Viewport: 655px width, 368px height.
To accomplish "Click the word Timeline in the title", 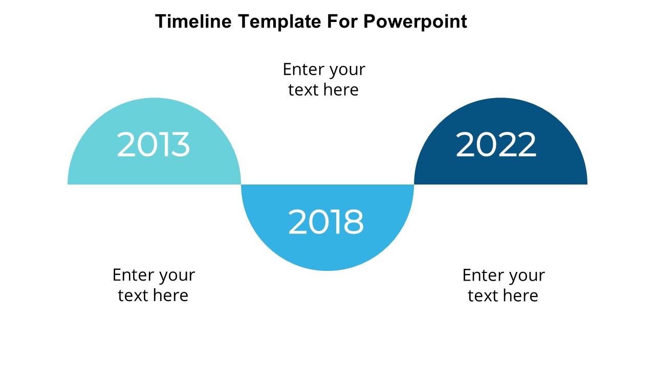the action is coord(193,21).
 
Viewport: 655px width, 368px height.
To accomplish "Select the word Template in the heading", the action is coord(279,22).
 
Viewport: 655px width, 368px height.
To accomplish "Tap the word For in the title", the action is coord(342,21).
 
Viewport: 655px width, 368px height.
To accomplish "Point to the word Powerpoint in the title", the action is coord(415,22).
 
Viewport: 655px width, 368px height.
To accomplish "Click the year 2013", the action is coord(153,144).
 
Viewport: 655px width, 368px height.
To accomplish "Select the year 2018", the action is coord(326,222).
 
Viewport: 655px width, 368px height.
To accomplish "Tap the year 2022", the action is coord(496,144).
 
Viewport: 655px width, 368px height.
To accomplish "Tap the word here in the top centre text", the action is coord(341,89).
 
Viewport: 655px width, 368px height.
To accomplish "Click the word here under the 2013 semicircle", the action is coord(170,295).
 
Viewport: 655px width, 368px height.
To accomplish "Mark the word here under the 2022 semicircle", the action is coord(520,295).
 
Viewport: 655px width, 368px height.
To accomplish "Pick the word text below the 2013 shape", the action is coord(133,295).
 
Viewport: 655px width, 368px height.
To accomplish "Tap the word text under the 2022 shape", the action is coord(483,296).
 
